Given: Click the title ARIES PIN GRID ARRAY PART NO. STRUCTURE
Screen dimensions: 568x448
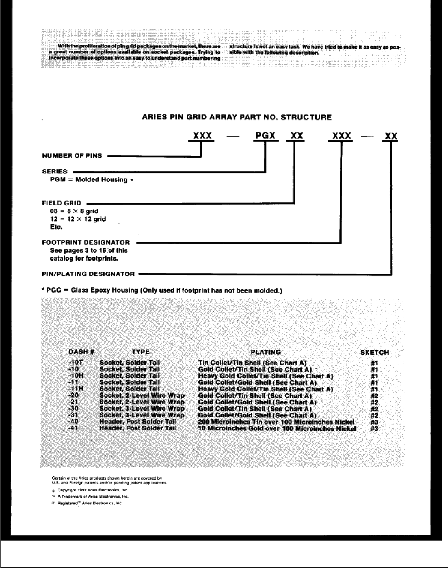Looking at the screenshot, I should pyautogui.click(x=237, y=118).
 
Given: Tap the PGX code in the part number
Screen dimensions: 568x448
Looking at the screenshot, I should pyautogui.click(x=265, y=136).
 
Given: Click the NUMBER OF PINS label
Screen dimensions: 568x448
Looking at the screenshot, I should pyautogui.click(x=72, y=156).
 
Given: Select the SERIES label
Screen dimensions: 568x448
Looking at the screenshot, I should pyautogui.click(x=55, y=171).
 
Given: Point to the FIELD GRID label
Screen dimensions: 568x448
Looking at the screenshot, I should pyautogui.click(x=61, y=203).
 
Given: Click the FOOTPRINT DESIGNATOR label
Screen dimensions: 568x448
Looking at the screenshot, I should pyautogui.click(x=86, y=242).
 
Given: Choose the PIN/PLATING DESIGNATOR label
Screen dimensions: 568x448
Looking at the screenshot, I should pyautogui.click(x=88, y=274).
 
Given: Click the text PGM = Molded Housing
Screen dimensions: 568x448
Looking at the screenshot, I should pyautogui.click(x=89, y=180).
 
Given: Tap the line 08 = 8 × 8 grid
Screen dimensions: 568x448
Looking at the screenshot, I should pyautogui.click(x=74, y=211).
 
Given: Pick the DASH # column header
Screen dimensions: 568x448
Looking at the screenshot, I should pyautogui.click(x=81, y=352).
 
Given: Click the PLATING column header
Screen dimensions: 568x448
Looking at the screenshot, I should pyautogui.click(x=266, y=352).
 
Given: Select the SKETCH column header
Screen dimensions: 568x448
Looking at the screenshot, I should pyautogui.click(x=375, y=352).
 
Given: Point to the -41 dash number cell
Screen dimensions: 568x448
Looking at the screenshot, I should pyautogui.click(x=73, y=428).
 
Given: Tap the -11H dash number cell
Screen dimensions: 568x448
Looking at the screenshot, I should pyautogui.click(x=76, y=389).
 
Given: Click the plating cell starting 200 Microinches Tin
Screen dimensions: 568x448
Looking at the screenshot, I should pyautogui.click(x=276, y=422).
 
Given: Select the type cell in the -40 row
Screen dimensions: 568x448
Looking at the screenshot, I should pyautogui.click(x=138, y=422).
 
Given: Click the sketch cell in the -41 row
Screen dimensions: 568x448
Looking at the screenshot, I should pyautogui.click(x=374, y=429).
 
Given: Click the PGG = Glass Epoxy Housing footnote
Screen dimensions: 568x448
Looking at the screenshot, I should pyautogui.click(x=162, y=290).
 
